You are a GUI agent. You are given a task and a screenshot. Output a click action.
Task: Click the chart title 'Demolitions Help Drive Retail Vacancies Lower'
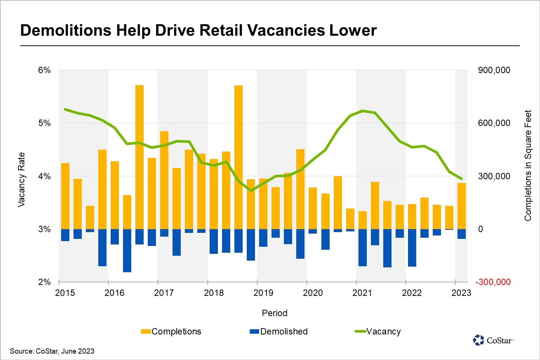click(198, 30)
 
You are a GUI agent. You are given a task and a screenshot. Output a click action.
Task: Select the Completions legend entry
click(171, 331)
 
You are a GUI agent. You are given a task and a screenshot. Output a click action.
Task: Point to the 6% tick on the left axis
click(44, 70)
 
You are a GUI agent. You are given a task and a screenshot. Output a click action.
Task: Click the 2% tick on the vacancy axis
click(44, 282)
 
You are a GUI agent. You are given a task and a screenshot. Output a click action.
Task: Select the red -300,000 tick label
click(493, 282)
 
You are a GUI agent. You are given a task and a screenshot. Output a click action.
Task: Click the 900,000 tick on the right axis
click(494, 70)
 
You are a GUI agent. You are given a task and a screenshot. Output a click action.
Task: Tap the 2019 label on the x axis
click(263, 293)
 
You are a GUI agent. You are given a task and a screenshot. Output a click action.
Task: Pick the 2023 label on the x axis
click(461, 293)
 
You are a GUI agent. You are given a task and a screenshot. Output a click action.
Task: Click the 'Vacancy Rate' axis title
click(21, 180)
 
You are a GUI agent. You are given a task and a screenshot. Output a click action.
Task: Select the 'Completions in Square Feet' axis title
click(528, 165)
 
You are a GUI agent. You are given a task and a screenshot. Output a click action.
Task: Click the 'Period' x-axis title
click(274, 313)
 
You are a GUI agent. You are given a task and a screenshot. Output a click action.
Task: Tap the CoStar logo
click(493, 340)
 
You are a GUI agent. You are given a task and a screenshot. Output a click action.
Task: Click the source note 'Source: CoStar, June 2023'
click(52, 351)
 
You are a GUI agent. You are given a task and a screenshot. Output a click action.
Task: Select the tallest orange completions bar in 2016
click(139, 157)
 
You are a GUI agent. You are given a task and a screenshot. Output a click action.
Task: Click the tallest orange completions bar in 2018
click(238, 157)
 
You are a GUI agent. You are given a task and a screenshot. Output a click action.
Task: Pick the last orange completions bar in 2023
click(462, 206)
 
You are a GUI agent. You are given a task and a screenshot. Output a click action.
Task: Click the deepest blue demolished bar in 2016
click(127, 250)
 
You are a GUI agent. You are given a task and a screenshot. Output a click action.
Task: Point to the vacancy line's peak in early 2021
click(363, 111)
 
